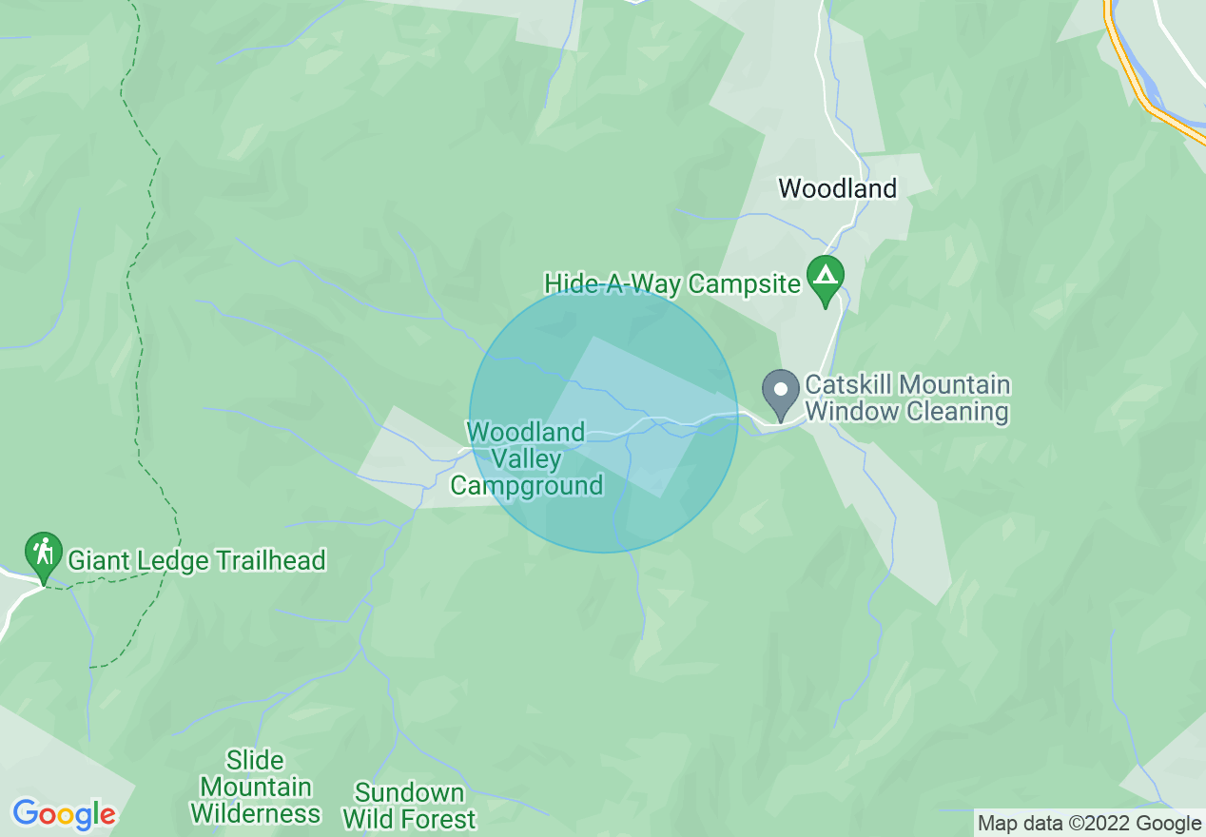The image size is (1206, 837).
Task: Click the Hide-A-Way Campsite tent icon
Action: coord(825,278)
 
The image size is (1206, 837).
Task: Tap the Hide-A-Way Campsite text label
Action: coord(672,283)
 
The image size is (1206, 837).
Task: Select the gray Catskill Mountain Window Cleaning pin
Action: coord(781,390)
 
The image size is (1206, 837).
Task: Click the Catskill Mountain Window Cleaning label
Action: coord(906,399)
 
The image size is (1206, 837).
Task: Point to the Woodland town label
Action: coord(838,188)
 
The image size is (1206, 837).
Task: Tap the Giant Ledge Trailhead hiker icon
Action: coord(43,552)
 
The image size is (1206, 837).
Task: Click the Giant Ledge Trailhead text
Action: coord(197,560)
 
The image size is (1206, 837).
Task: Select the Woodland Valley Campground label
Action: coord(526,459)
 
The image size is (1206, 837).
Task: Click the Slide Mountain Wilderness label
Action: coord(255,788)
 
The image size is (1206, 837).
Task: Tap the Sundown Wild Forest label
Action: coord(409,806)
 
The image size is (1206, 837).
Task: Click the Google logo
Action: coord(64,814)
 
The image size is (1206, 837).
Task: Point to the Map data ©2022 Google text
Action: coord(1090,824)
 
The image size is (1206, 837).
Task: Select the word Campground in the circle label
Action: coord(526,486)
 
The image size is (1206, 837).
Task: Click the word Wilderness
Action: coord(255,814)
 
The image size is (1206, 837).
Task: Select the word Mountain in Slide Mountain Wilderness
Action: coord(256,788)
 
